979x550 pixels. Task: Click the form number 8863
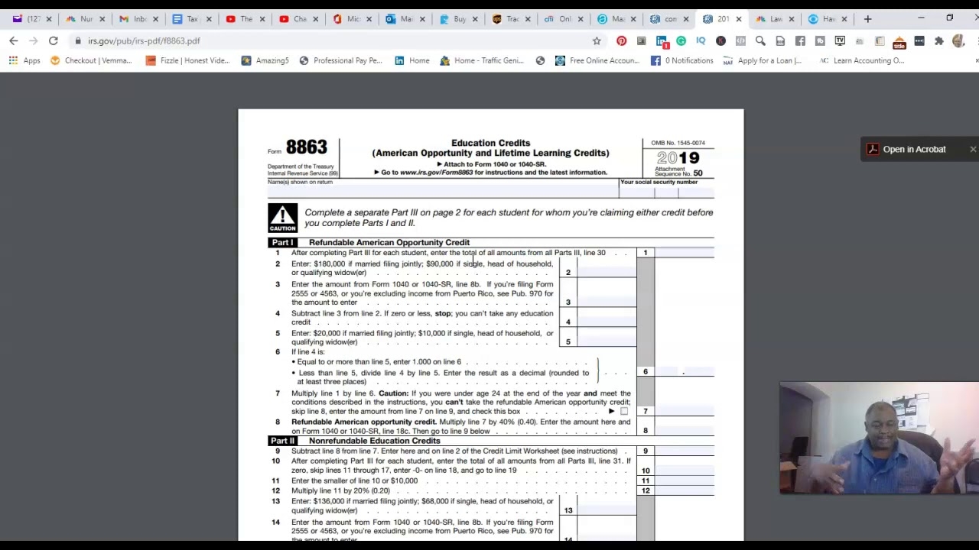[x=306, y=147]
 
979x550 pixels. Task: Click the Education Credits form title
[x=490, y=143]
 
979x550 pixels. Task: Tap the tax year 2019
[x=678, y=158]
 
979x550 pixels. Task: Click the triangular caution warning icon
[x=282, y=218]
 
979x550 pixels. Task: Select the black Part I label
[x=282, y=242]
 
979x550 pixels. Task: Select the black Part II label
[x=282, y=441]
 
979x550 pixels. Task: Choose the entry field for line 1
[x=685, y=253]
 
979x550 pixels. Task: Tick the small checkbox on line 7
[x=624, y=412]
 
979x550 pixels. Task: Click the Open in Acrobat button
[x=913, y=150]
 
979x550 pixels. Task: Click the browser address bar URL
[x=144, y=41]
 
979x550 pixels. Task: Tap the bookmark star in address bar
[x=597, y=41]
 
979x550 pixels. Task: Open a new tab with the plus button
[x=867, y=19]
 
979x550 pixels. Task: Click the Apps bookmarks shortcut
[x=24, y=60]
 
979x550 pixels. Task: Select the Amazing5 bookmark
[x=265, y=60]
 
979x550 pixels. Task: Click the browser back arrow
[x=14, y=41]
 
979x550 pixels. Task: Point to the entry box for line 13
[x=607, y=506]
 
